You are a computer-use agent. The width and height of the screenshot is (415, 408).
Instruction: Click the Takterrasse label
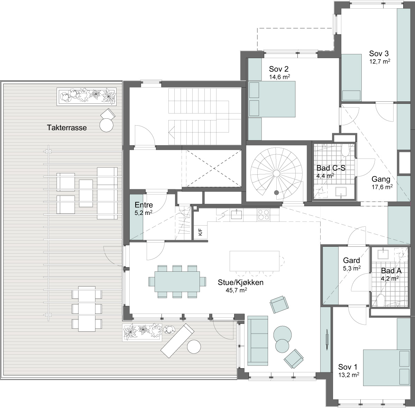67,128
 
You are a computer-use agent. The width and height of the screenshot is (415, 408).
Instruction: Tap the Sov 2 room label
278,69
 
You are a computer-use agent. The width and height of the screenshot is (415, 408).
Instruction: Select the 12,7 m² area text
380,62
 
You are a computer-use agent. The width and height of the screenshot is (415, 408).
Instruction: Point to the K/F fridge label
200,233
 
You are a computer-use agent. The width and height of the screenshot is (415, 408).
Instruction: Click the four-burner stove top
263,215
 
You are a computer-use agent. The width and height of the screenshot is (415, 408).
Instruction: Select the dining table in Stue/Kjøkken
177,282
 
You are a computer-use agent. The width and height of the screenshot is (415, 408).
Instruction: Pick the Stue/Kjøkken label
241,282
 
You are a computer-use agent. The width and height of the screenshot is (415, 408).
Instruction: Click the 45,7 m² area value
236,290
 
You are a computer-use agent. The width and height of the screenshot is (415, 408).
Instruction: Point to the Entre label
144,205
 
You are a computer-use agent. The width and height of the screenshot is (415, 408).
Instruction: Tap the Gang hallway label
381,179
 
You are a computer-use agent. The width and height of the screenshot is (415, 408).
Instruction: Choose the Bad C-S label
331,168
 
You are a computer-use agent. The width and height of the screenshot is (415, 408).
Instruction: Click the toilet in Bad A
381,300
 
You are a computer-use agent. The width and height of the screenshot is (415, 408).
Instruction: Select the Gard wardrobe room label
351,260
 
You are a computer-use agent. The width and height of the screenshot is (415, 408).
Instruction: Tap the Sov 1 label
348,367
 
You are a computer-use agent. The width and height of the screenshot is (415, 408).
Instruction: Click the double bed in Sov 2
272,99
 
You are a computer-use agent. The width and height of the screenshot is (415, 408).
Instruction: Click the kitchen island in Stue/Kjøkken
255,261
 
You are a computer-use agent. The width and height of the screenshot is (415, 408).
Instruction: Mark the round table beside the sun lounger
194,346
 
